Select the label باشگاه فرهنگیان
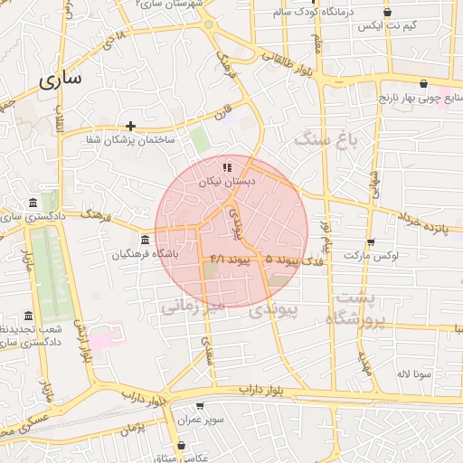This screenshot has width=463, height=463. [x=145, y=254]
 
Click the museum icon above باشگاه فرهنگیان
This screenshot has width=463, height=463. [x=145, y=240]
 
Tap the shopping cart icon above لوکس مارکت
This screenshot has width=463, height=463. [x=371, y=242]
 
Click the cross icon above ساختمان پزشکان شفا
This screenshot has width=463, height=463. [x=131, y=126]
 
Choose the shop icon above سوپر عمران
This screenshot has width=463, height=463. [x=199, y=406]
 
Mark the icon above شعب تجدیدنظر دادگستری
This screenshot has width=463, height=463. [x=29, y=317]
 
